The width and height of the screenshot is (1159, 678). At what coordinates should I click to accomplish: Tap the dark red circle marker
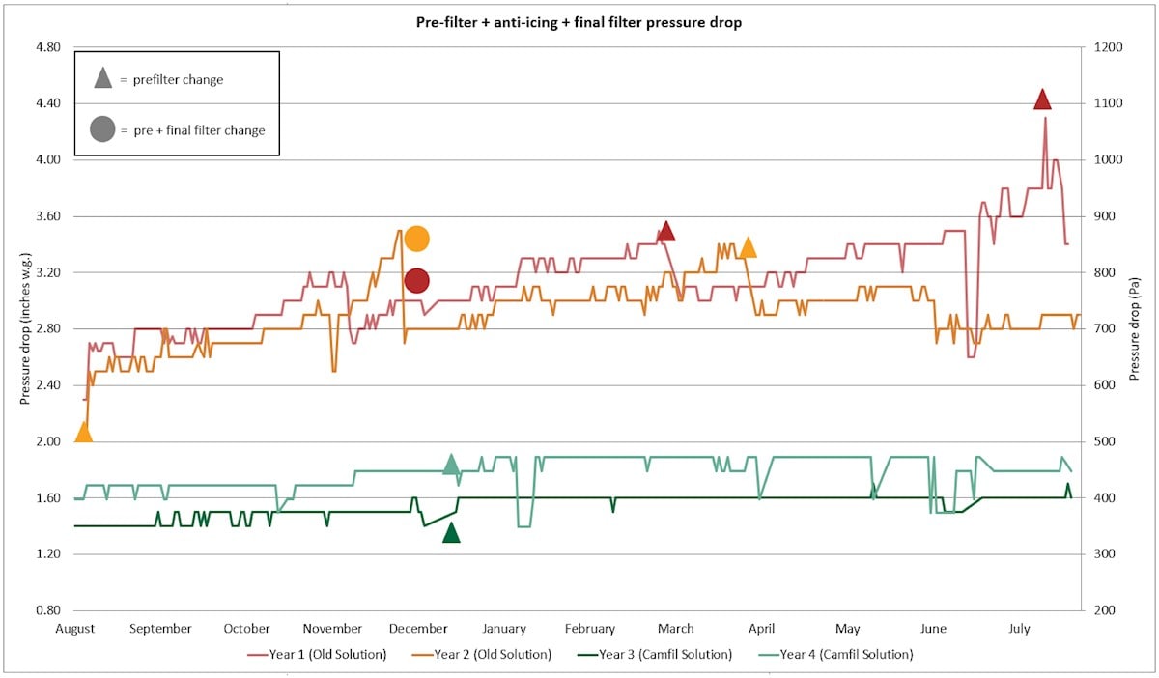coord(416,281)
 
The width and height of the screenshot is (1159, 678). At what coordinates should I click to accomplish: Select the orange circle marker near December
coord(416,239)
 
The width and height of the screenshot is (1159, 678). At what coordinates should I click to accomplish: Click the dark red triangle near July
coord(1042,99)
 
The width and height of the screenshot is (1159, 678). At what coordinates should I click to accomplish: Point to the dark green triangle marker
coord(451,533)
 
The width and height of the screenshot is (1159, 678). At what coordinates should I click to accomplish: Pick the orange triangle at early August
coord(84,433)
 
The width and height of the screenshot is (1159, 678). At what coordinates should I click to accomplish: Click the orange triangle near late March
coord(747,248)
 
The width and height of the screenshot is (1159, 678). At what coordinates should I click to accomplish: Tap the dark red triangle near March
coord(665,232)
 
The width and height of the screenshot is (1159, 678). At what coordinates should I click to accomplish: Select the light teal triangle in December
coord(451,465)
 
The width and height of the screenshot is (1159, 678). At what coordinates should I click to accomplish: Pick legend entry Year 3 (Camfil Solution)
coord(665,654)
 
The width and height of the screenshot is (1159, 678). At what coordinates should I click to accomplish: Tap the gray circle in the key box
coord(102,129)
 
